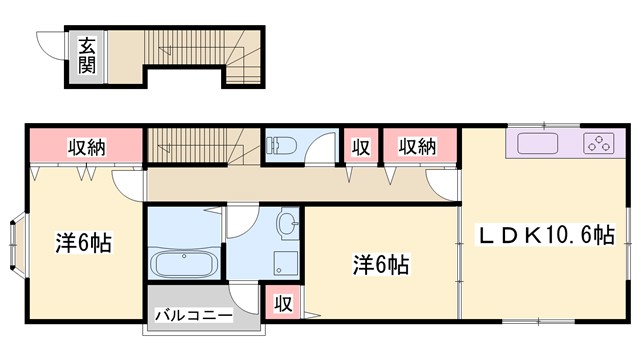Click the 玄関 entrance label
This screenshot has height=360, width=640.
tap(87, 56)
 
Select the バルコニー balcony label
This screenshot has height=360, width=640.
tap(194, 316)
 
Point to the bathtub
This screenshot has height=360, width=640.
tap(184, 266)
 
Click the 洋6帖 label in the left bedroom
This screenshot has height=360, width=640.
tap(82, 242)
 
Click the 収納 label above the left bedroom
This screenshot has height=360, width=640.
tap(87, 147)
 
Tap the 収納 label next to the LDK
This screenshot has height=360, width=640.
tap(417, 147)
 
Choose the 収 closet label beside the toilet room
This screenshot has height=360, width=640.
tap(361, 147)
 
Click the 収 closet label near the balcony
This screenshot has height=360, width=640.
tap(283, 303)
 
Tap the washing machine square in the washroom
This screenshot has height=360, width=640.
tap(283, 263)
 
